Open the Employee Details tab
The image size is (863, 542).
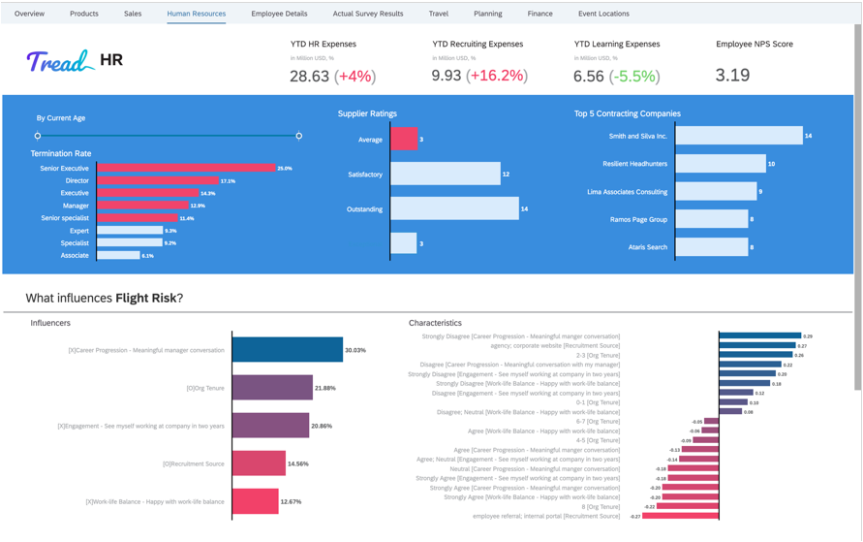coord(279,14)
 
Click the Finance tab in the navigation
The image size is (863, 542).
coord(539,14)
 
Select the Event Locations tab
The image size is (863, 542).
coord(603,14)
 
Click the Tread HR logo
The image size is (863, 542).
coord(74,62)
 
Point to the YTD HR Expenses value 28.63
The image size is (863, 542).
coord(309,76)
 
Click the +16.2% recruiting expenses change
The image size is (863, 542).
coord(498,76)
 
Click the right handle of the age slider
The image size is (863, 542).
coord(298,136)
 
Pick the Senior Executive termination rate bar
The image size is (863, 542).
coord(186,169)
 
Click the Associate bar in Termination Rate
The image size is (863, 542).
coord(118,256)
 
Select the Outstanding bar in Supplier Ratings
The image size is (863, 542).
coord(453,209)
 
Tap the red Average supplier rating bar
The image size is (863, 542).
coord(403,140)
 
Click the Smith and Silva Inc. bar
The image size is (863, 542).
coord(739,137)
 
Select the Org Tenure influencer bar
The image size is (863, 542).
coord(272,388)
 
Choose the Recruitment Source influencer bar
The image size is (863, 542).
coord(259,463)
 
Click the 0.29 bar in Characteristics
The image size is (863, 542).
coord(760,336)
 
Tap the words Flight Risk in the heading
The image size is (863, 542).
coord(145,298)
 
